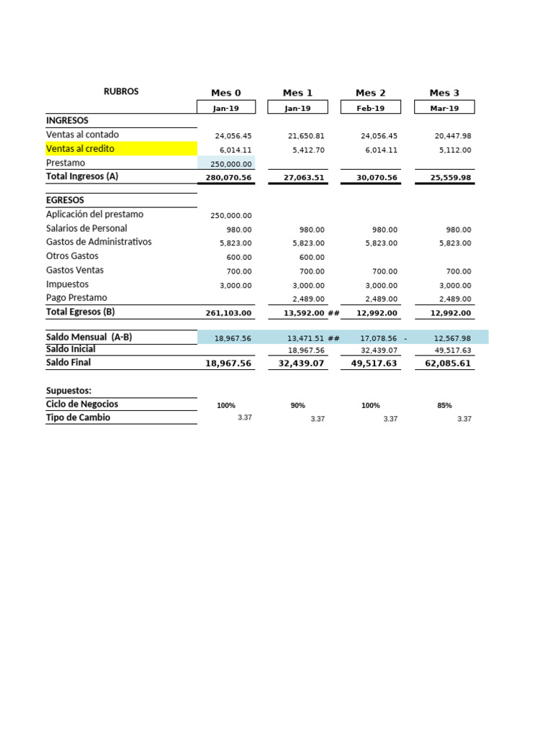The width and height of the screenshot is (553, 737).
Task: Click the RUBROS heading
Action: click(121, 91)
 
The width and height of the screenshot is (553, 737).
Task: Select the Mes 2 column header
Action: click(370, 93)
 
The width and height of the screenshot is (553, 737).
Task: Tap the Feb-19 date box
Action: click(370, 108)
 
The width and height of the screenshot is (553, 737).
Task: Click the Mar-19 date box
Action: click(444, 108)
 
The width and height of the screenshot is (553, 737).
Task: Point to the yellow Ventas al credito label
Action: click(81, 149)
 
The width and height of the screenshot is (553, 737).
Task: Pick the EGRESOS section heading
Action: click(65, 200)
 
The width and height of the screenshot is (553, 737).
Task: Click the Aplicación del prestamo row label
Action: click(94, 214)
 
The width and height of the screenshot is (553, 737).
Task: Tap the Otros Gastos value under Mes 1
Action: click(308, 257)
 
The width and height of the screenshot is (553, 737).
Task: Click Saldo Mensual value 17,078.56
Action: click(379, 338)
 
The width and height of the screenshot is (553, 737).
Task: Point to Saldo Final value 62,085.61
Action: click(446, 364)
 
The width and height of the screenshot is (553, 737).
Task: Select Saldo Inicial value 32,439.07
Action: click(379, 351)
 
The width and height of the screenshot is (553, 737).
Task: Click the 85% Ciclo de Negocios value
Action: click(444, 405)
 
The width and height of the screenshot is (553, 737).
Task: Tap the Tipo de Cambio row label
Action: click(78, 417)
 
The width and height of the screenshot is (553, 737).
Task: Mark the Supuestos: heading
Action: click(68, 390)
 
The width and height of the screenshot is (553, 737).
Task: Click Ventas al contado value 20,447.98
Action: click(453, 135)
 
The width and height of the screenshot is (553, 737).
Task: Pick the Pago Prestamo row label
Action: click(76, 297)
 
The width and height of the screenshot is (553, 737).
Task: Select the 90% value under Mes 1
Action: click(297, 405)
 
